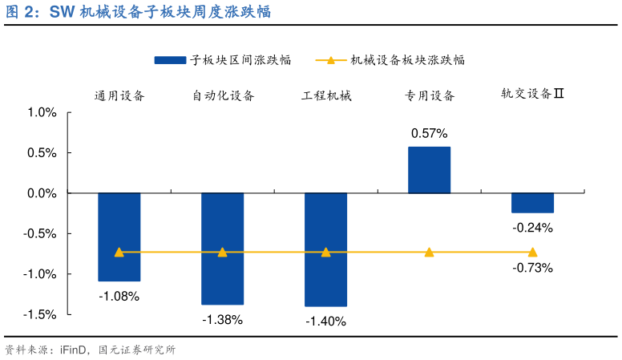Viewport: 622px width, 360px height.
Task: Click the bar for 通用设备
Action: click(x=119, y=237)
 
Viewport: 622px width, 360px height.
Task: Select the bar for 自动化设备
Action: click(x=222, y=249)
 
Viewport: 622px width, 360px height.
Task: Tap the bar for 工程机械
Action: click(x=325, y=249)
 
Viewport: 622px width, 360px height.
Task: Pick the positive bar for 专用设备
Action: click(x=429, y=170)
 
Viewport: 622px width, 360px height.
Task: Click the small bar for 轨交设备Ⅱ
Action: click(x=532, y=203)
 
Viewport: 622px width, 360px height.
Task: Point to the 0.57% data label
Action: click(x=429, y=133)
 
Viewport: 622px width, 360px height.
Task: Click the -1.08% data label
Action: click(x=119, y=296)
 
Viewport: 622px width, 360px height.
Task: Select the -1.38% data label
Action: click(x=222, y=319)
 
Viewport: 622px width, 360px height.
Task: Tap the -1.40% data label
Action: click(x=325, y=322)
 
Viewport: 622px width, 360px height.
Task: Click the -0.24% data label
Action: click(x=532, y=228)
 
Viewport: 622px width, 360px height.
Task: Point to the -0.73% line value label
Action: click(x=532, y=268)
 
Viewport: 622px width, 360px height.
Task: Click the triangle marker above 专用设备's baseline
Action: click(x=429, y=252)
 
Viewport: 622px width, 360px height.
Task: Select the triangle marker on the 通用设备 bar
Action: click(x=119, y=252)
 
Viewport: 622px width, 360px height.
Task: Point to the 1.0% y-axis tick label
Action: click(x=42, y=112)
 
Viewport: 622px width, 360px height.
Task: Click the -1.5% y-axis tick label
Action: click(x=40, y=314)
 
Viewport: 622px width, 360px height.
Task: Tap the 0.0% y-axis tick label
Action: click(x=42, y=193)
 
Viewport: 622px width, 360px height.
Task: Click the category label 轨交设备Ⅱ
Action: click(x=532, y=95)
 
